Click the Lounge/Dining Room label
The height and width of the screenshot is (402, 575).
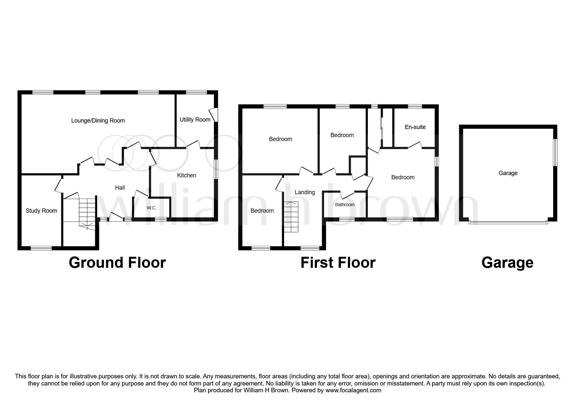point(98,121)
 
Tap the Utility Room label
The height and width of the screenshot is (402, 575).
point(195,120)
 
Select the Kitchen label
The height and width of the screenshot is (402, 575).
point(186,175)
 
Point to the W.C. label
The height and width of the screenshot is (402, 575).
point(151,208)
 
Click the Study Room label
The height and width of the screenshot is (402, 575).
point(41,211)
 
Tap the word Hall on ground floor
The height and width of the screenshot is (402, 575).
point(120,188)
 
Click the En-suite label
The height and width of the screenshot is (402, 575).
point(415,127)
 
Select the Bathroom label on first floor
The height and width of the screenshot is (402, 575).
point(345,205)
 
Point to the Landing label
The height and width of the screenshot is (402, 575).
point(305,192)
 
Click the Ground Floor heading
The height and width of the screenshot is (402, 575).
point(117,263)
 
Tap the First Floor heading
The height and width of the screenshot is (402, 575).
point(338,263)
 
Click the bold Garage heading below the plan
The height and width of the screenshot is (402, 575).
point(507,263)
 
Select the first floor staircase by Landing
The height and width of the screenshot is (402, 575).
point(291,217)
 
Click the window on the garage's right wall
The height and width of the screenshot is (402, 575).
point(555,152)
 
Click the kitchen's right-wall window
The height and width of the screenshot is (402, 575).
point(216,169)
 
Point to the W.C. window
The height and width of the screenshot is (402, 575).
point(160,219)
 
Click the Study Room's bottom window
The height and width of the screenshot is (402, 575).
point(41,248)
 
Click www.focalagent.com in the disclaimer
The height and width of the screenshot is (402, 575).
point(353,390)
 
